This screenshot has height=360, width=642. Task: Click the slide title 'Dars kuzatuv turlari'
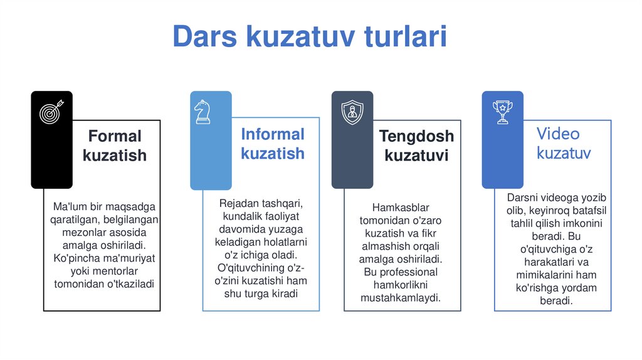tap(310, 36)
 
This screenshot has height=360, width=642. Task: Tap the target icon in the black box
tap(51, 112)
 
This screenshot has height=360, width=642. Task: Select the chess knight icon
tap(202, 112)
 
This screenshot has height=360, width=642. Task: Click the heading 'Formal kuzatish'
tap(115, 146)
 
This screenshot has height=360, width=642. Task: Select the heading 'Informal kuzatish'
tap(273, 144)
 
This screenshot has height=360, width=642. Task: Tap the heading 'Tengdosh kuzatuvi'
tap(416, 146)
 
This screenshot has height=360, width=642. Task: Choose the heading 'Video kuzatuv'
tap(563, 143)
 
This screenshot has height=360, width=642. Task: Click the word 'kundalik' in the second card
tap(233, 216)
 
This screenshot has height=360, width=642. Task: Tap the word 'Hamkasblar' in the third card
tap(401, 207)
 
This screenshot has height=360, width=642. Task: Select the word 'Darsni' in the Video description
tap(522, 198)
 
